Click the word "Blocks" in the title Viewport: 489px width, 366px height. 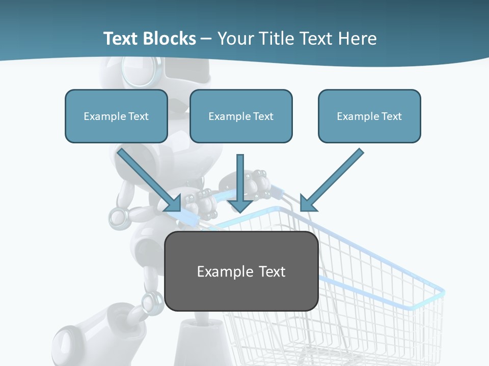(171, 39)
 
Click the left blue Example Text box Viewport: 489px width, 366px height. (116, 116)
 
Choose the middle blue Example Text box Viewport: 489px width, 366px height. (241, 116)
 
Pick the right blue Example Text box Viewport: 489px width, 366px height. (369, 116)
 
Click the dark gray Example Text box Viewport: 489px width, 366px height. (241, 271)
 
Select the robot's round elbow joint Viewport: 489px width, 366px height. (120, 216)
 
